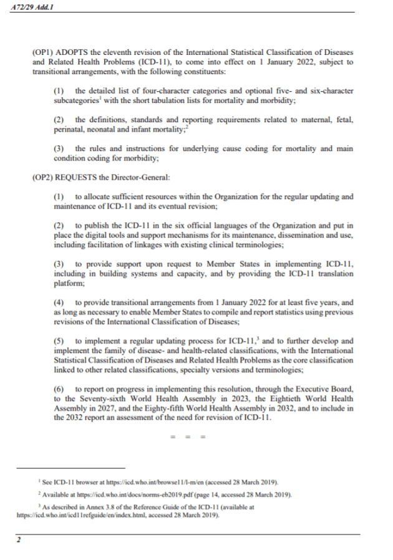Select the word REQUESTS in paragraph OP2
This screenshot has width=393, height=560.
[x=79, y=178]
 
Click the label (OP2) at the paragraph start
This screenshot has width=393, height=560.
[x=43, y=178]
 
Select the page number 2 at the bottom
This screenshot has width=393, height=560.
[x=19, y=541]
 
